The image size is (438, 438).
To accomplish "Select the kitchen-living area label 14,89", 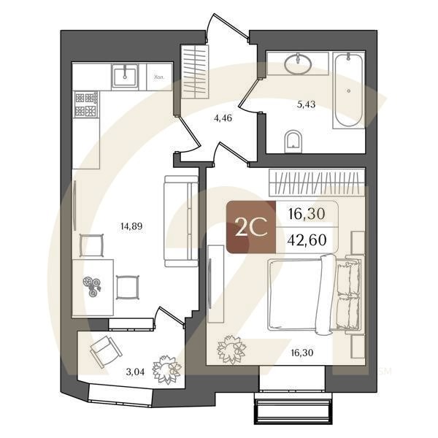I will click(131, 226).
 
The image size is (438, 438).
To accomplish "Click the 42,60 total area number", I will click(307, 239).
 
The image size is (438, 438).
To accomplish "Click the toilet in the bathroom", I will click(293, 139).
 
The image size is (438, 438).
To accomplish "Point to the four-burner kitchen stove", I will click(86, 104).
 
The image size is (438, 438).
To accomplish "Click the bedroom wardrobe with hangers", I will click(316, 181).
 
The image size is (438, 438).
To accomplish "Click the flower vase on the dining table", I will click(93, 287).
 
